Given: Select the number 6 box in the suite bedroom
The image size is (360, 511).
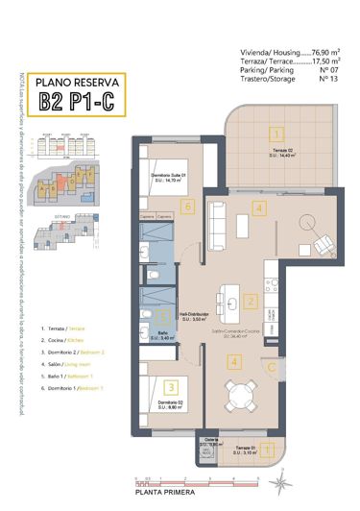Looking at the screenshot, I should tap(188, 206).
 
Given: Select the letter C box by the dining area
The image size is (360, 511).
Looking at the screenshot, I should tap(272, 366).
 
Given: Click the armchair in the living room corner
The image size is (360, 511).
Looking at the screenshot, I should tap(315, 224).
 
